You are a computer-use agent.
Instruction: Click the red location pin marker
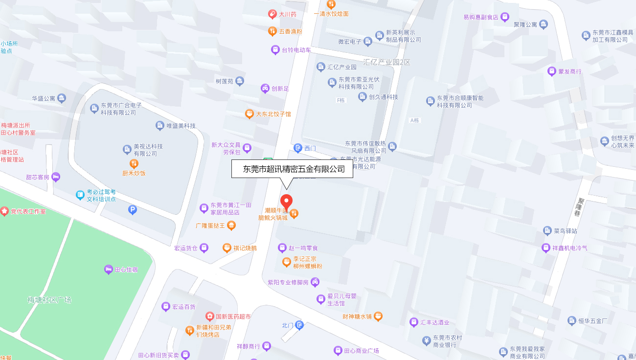coord(286,202)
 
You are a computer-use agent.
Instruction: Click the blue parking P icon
coord(132,210)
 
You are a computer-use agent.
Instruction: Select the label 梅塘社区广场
coord(49,300)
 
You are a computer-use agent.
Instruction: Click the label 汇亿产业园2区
coord(386,62)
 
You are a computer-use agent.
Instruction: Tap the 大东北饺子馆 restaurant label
coord(273,114)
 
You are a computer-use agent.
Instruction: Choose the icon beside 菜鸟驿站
coord(547,230)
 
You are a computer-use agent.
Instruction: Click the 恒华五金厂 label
coord(593,321)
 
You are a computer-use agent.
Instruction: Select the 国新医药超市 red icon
coord(210,316)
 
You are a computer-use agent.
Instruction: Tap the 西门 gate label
coord(310,148)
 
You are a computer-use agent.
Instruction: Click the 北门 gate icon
coord(299,325)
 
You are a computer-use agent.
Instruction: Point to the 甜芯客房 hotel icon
coord(56,177)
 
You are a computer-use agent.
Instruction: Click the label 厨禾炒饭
coord(134,173)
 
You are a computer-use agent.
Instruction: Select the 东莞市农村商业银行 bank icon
coord(427,340)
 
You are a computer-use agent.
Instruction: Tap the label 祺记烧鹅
coord(245,248)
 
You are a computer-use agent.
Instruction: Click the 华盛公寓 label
coord(44,98)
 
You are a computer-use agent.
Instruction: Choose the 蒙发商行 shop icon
coord(552,71)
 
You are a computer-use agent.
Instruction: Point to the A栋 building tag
coord(415,120)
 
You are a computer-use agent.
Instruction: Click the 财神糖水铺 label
coord(358,316)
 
